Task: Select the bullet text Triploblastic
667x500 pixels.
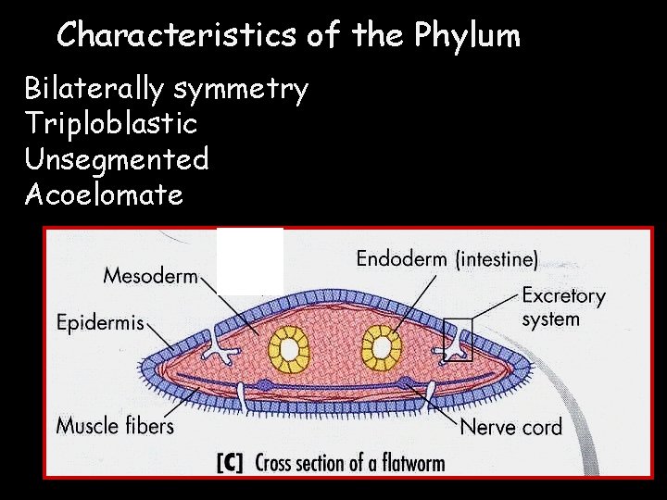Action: coord(111,124)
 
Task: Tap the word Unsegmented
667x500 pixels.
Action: coord(117,159)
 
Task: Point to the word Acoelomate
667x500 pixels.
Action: coord(104,194)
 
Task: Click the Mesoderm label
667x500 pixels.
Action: coord(150,275)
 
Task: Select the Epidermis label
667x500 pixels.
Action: coord(100,322)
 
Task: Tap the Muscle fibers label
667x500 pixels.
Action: coord(115,426)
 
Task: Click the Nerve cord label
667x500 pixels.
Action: coord(510,427)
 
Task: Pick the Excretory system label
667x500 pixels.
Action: coord(563,307)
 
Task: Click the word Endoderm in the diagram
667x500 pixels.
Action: coord(401,258)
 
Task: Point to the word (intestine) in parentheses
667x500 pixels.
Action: coord(497,259)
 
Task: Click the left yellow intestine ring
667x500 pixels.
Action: coord(288,348)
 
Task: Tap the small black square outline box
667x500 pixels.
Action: coord(458,339)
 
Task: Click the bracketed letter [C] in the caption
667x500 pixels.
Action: coord(230,463)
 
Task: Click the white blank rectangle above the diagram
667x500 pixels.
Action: coord(250,260)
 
